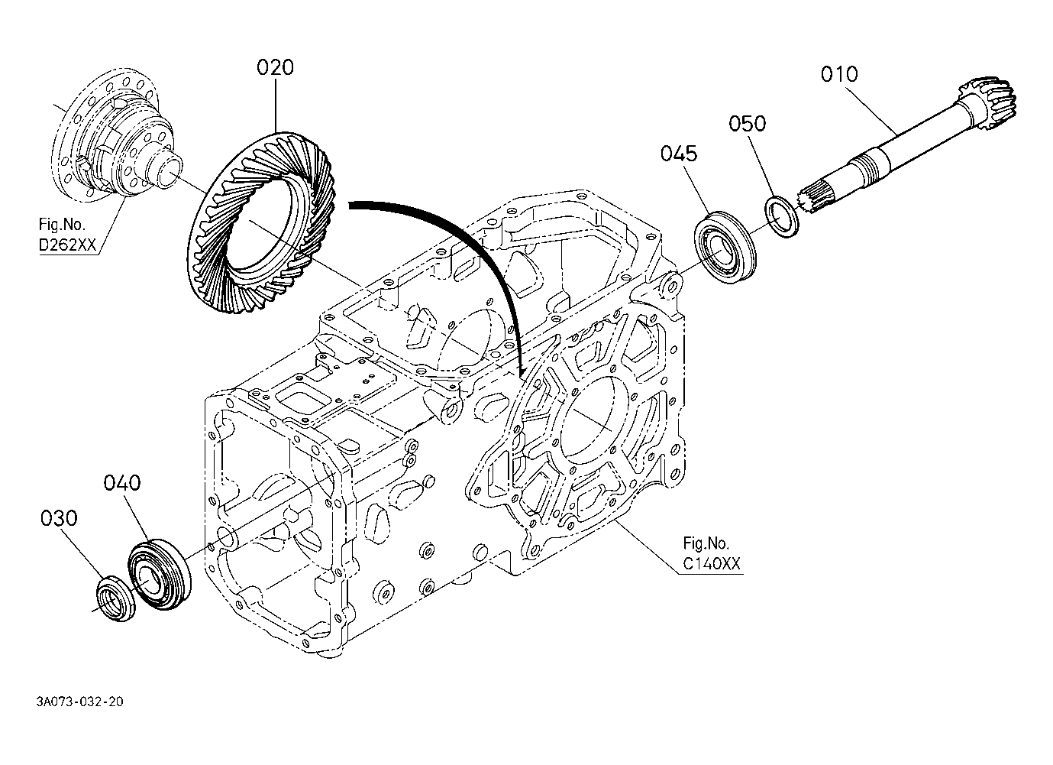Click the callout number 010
coord(839,74)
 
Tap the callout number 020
coord(275,68)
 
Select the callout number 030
coord(59,518)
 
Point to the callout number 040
coord(121,483)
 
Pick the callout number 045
coord(679,154)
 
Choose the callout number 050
coord(747,123)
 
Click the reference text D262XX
coord(67,245)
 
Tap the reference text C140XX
coord(711,563)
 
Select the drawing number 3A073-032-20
coord(80,702)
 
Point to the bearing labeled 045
coord(725,247)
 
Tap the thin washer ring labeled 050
coord(782,217)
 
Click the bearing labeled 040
coord(160,575)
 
